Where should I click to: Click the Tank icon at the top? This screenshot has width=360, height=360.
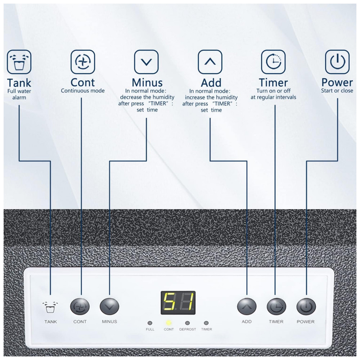[x=19, y=62]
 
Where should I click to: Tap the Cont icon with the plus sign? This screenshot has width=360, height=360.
[x=82, y=62]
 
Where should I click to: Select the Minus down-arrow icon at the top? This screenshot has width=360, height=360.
[x=146, y=62]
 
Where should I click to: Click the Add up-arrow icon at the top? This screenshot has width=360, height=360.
[x=210, y=62]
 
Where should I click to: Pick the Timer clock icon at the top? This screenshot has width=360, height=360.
[x=273, y=62]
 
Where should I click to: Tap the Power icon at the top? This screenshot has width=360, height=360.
[x=337, y=62]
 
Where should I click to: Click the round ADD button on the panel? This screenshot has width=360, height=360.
[x=247, y=307]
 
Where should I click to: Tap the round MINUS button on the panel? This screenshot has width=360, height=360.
[x=109, y=307]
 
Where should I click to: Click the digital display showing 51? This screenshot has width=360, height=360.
[x=178, y=302]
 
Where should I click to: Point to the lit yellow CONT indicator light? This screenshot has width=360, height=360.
[x=168, y=323]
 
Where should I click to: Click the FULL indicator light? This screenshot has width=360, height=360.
[x=150, y=323]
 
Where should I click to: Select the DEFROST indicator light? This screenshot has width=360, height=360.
[x=188, y=323]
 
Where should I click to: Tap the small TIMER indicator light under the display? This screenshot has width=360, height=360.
[x=206, y=323]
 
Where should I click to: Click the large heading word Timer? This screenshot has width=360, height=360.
[x=273, y=82]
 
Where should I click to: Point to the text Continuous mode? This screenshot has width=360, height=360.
[x=82, y=91]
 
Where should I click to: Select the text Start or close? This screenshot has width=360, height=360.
[x=337, y=91]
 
